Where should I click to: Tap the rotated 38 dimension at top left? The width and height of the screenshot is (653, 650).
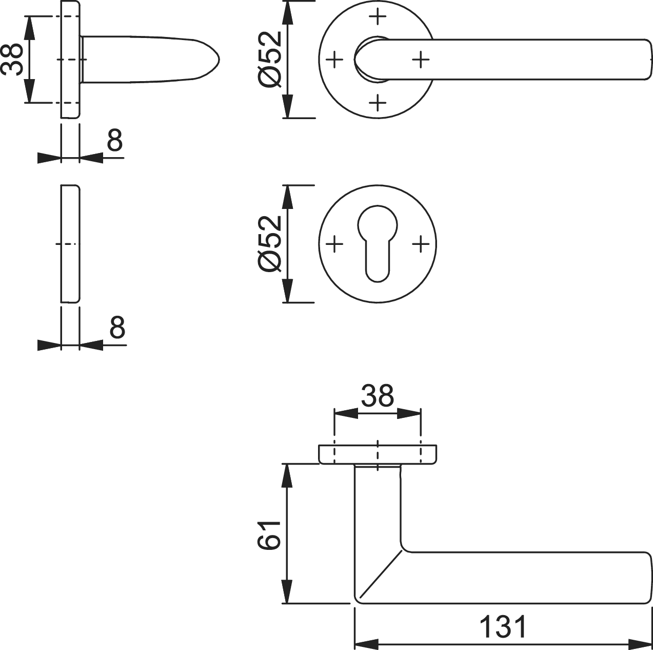click(11, 60)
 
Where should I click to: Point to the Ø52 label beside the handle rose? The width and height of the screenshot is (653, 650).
click(270, 60)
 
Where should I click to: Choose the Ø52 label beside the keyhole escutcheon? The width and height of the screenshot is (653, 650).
click(270, 243)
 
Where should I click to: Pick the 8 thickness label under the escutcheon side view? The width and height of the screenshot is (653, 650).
click(117, 327)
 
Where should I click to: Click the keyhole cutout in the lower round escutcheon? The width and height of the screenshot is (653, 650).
click(378, 243)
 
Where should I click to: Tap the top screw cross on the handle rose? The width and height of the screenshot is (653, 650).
click(378, 16)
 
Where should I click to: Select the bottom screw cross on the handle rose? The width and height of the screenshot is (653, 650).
click(378, 103)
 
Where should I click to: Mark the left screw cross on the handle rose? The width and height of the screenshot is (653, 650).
click(334, 60)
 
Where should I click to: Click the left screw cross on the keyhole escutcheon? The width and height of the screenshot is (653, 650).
click(334, 243)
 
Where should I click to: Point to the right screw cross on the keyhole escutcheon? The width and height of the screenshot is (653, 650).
click(421, 243)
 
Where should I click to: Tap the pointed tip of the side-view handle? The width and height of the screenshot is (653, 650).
click(219, 60)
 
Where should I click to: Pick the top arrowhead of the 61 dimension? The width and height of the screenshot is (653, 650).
click(287, 475)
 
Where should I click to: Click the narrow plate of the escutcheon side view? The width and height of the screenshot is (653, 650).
click(70, 243)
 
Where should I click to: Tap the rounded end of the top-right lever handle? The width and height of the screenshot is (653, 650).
click(647, 60)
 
